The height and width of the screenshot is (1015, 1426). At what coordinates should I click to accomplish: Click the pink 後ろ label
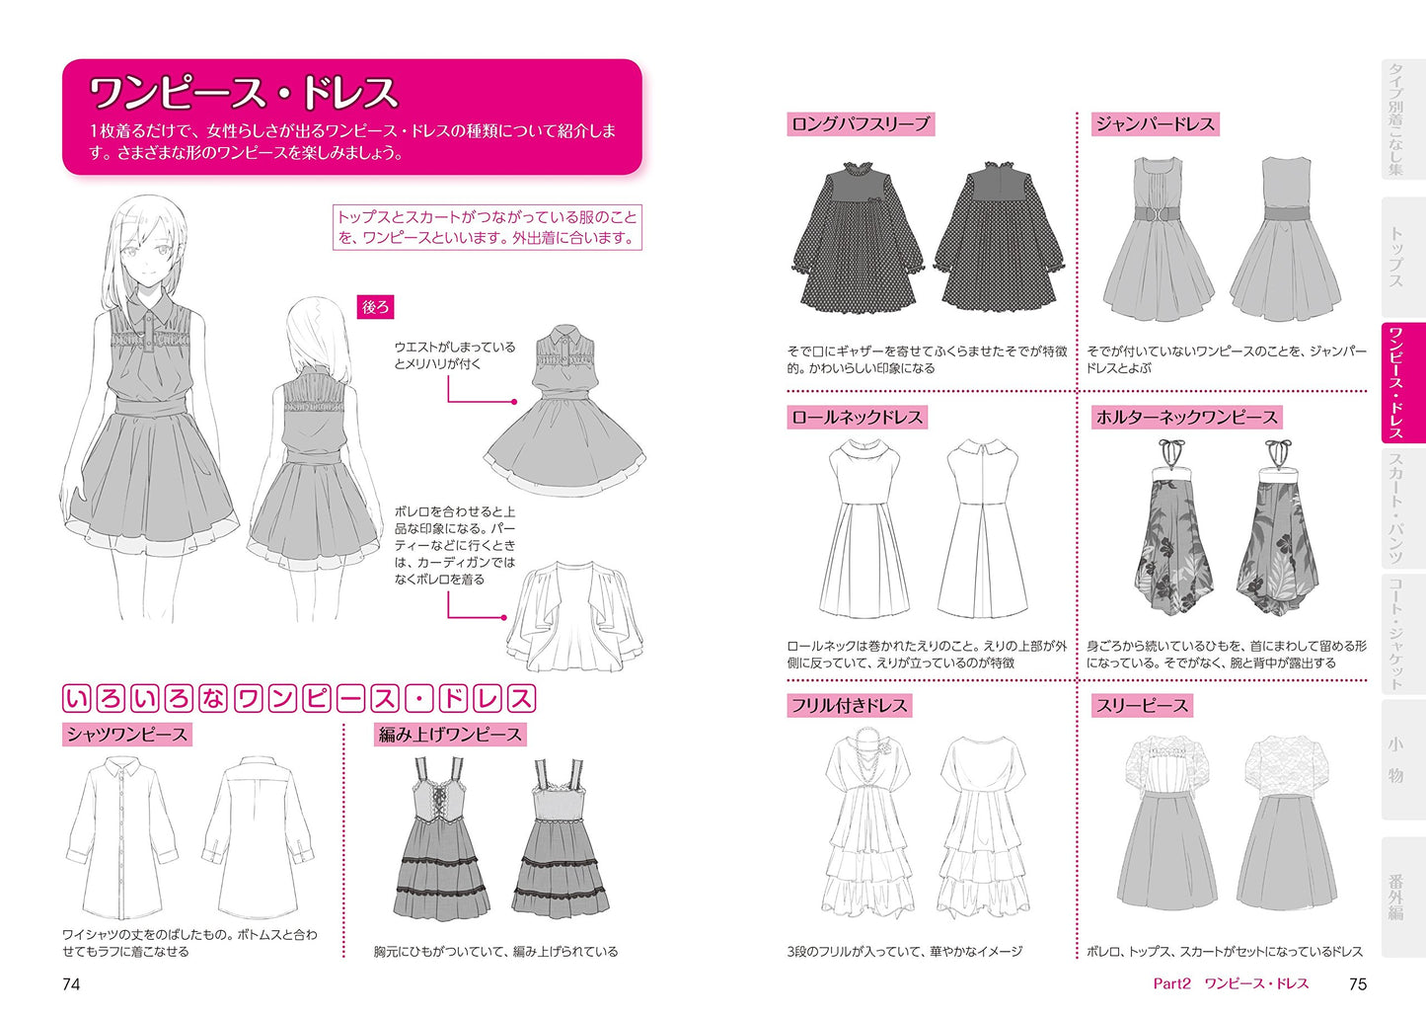(375, 307)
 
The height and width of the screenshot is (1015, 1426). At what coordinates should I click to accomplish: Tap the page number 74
(71, 983)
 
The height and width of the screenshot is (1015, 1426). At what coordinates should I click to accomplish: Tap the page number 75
(1357, 983)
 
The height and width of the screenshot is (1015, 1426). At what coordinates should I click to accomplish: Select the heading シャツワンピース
(127, 735)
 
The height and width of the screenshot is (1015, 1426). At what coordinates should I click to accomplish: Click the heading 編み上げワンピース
(450, 735)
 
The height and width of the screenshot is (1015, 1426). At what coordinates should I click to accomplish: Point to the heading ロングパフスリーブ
(861, 123)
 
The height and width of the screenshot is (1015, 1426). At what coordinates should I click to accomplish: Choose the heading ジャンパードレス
(1156, 123)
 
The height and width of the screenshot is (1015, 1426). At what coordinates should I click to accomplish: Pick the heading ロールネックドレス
(857, 417)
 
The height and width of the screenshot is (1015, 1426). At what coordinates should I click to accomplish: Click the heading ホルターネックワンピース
(1186, 417)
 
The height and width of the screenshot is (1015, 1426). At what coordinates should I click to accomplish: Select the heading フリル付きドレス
(850, 706)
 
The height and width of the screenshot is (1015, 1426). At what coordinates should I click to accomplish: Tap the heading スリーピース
(1142, 706)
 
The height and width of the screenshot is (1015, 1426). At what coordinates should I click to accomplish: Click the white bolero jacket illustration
(574, 615)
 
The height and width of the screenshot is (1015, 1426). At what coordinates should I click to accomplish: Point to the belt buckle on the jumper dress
(1158, 214)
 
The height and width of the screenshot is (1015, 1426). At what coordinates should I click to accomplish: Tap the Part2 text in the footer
(1171, 983)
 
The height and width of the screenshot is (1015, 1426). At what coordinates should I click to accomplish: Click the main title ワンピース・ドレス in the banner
(244, 93)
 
